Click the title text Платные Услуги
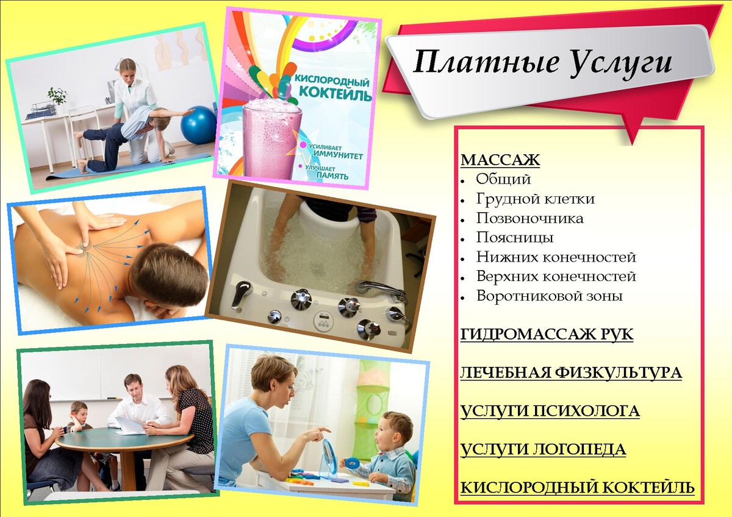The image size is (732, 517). click(x=542, y=63)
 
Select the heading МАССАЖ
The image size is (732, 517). click(x=500, y=160)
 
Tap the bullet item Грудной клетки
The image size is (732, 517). click(x=535, y=199)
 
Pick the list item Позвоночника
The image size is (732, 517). click(x=529, y=218)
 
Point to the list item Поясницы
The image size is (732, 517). click(x=515, y=237)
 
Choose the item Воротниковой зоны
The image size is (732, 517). click(x=550, y=296)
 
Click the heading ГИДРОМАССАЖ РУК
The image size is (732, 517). click(x=547, y=335)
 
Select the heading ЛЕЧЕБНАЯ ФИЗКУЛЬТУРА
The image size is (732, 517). click(x=571, y=373)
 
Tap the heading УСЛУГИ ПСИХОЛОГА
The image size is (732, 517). click(x=550, y=412)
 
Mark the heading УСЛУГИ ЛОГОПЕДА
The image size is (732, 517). click(x=543, y=450)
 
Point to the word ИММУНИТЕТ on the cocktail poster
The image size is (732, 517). click(x=337, y=156)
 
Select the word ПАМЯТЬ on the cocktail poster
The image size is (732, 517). click(x=332, y=176)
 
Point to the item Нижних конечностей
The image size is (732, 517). click(x=556, y=257)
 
